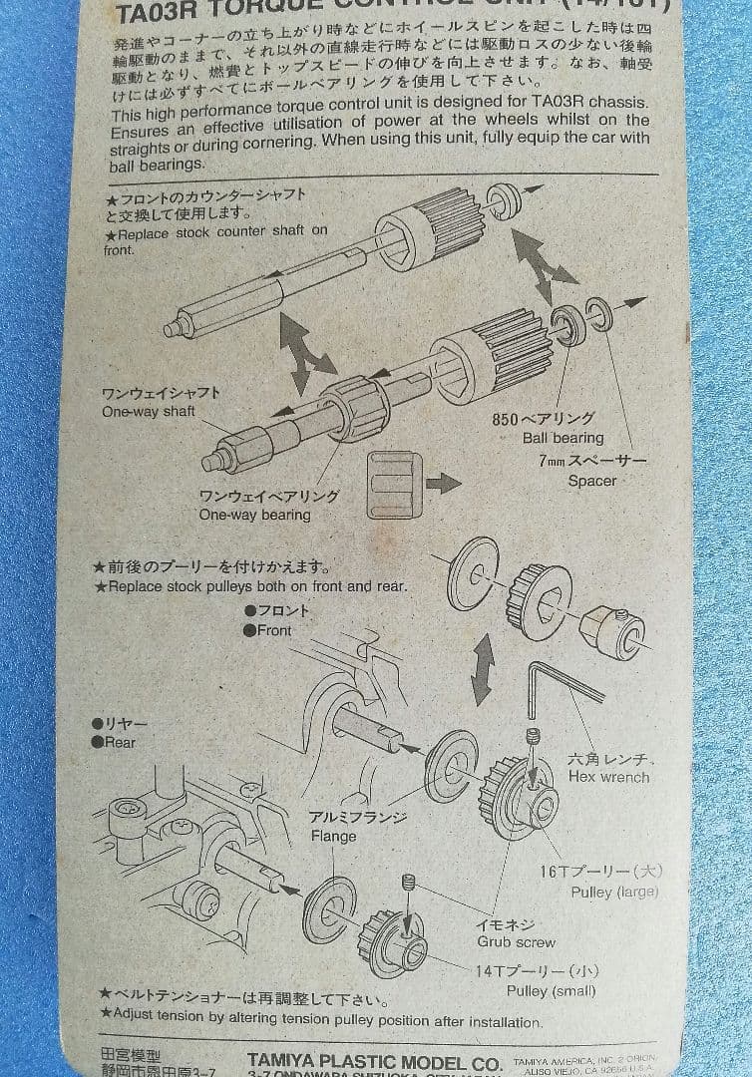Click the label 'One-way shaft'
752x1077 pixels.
pos(148,412)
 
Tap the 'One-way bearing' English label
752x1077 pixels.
pos(254,516)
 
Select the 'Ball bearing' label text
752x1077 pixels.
pos(563,438)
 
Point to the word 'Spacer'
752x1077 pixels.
pos(592,481)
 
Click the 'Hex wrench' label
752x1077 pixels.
pos(608,777)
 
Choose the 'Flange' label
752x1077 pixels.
pos(333,836)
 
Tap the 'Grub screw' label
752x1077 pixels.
pos(516,941)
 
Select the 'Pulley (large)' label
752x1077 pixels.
pos(614,892)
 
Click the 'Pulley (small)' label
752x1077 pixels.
pos(551,990)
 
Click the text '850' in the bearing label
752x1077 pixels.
pos(507,419)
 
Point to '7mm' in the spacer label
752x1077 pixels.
pos(552,461)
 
